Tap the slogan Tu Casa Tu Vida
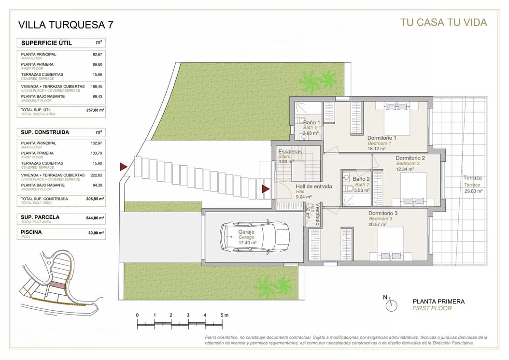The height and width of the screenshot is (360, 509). pyautogui.click(x=443, y=22)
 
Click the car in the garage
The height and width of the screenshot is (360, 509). pyautogui.click(x=253, y=237)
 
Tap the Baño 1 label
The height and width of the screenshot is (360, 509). pyautogui.click(x=311, y=123)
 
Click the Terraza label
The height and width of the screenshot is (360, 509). pyautogui.click(x=472, y=178)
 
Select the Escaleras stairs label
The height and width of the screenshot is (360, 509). pyautogui.click(x=290, y=152)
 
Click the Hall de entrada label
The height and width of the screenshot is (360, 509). pyautogui.click(x=314, y=187)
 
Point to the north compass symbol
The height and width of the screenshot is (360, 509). pyautogui.click(x=391, y=304)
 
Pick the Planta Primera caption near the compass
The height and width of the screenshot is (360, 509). pyautogui.click(x=438, y=302)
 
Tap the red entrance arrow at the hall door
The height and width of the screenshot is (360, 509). pyautogui.click(x=266, y=188)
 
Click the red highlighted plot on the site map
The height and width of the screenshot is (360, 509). pyautogui.click(x=58, y=286)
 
